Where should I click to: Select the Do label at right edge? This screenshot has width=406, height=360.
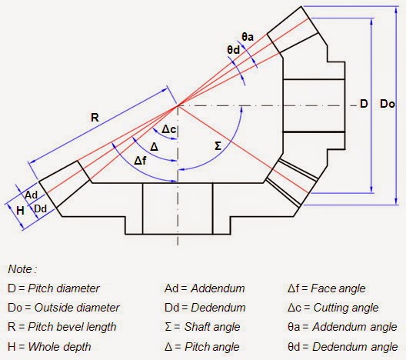(388, 103)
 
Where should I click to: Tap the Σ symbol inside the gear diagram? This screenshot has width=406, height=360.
(216, 144)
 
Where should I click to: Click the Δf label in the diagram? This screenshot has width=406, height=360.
(141, 160)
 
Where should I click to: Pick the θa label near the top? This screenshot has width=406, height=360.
(248, 36)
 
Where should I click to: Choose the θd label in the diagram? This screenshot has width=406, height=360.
(234, 50)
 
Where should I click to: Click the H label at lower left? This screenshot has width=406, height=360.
(8, 209)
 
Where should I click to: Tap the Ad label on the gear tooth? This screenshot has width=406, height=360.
(31, 195)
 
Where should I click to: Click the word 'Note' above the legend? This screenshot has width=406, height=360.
(21, 269)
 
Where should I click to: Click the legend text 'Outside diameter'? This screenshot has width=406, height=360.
(75, 308)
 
